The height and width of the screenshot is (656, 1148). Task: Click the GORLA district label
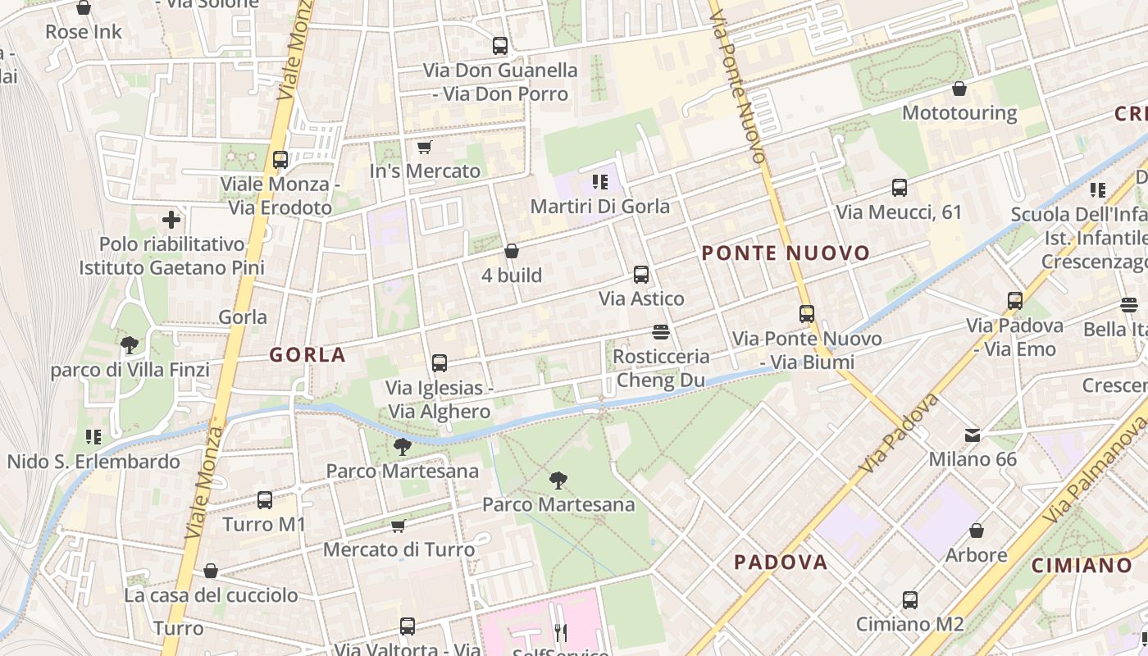click(307, 355)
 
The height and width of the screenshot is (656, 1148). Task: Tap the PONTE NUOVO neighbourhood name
click(786, 253)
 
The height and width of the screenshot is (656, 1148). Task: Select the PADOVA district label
click(781, 563)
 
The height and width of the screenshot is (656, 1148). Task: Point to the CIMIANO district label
click(1082, 565)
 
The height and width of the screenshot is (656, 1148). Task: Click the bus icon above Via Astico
click(641, 275)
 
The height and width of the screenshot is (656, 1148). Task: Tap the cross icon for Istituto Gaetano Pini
click(171, 220)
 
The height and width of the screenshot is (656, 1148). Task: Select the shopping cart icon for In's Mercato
click(424, 148)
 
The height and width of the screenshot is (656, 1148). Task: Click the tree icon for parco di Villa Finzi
click(129, 344)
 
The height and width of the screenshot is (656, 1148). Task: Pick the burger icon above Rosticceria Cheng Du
click(661, 331)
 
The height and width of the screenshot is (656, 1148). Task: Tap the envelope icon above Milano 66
click(973, 435)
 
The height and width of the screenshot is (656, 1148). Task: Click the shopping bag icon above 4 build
click(512, 250)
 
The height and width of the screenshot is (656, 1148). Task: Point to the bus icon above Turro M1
click(264, 499)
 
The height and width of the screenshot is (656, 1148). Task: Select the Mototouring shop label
click(959, 112)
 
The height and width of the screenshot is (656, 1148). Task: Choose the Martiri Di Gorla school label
click(599, 207)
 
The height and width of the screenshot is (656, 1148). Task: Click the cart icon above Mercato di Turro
click(399, 526)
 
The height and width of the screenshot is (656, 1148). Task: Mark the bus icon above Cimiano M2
click(910, 599)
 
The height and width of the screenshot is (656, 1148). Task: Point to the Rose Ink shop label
click(84, 32)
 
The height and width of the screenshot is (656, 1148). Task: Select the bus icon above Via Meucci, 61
click(900, 188)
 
